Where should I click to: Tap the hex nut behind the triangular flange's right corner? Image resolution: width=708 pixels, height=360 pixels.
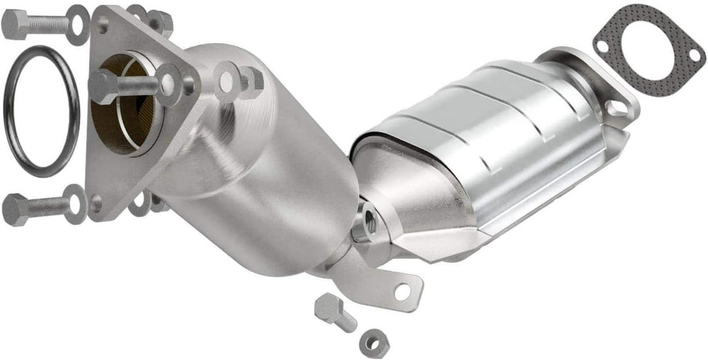[250, 81]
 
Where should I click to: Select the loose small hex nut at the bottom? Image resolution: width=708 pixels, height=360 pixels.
[374, 342]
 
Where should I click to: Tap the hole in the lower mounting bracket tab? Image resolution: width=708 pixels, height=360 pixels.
[402, 292]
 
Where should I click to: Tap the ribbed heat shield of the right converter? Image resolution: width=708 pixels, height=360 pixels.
[484, 138]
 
